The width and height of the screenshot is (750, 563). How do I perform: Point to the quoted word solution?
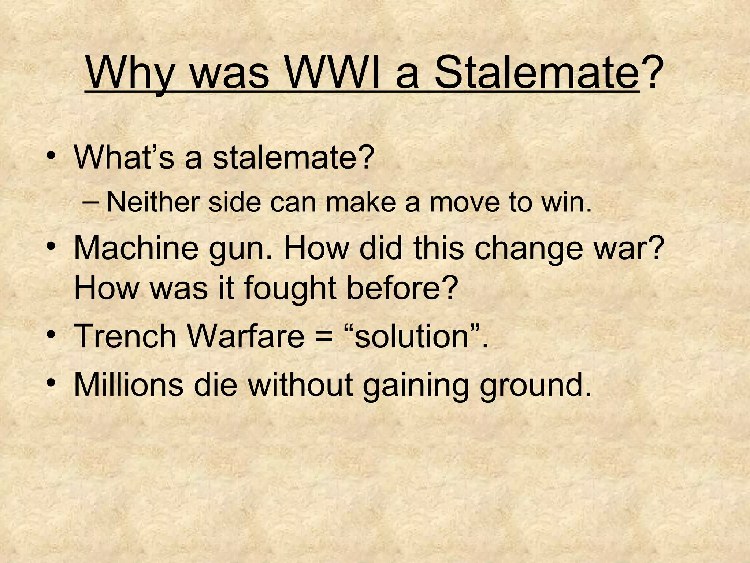tap(412, 336)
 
